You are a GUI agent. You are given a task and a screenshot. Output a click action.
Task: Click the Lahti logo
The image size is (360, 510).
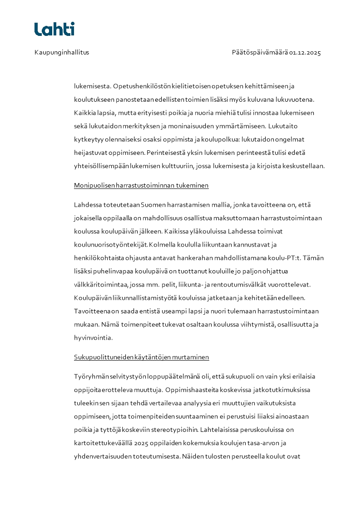(54, 29)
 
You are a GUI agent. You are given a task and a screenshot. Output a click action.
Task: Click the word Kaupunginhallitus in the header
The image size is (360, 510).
(62, 52)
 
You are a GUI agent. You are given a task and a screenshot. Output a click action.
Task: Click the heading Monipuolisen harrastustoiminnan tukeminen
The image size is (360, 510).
(141, 185)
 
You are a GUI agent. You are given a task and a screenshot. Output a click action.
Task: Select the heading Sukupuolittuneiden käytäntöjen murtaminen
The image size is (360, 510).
(141, 357)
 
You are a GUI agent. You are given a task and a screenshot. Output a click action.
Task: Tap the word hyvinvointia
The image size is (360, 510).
(94, 338)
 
